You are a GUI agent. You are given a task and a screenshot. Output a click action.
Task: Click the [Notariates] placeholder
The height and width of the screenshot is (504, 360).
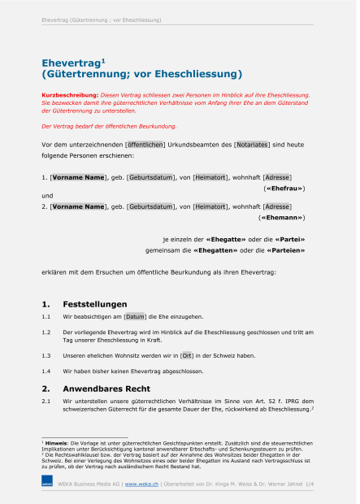point(251,145)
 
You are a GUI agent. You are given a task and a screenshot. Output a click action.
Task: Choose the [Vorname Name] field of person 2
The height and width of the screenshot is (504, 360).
point(77,207)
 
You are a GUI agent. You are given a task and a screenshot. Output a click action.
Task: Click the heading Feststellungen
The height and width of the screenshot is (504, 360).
point(95,302)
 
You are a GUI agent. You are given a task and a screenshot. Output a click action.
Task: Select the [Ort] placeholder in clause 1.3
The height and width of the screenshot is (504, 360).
point(187,355)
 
